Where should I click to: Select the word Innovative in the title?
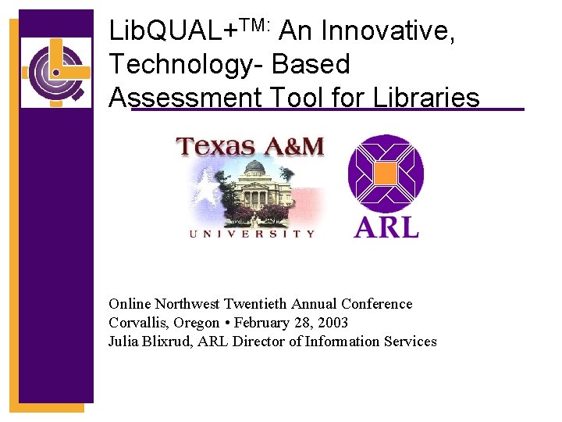click(387, 32)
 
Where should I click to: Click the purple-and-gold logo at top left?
click(56, 72)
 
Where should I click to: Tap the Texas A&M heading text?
click(250, 146)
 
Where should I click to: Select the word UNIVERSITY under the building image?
click(252, 233)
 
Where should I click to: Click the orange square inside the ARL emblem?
click(386, 173)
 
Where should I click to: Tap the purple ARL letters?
click(386, 225)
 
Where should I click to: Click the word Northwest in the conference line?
click(187, 304)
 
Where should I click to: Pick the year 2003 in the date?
click(332, 323)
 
